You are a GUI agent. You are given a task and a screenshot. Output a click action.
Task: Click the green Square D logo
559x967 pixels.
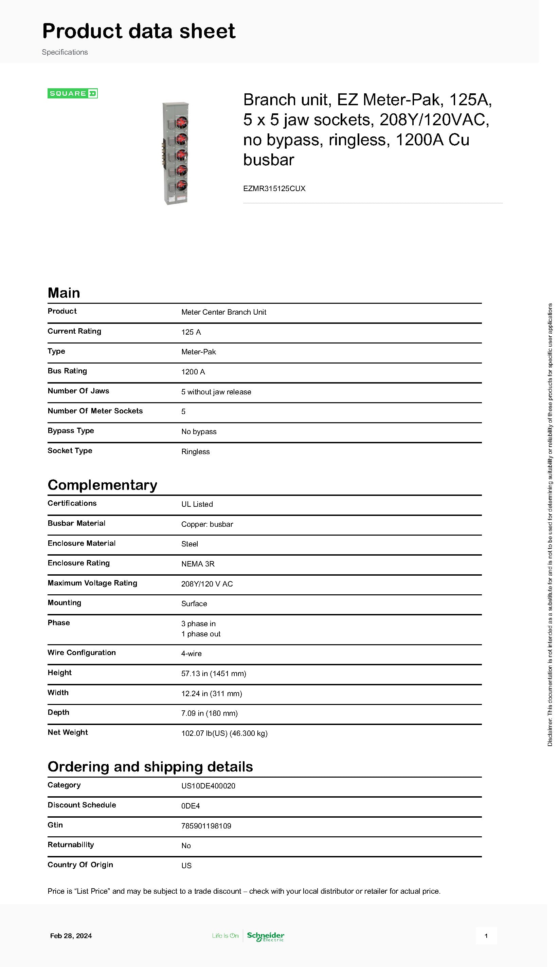[x=73, y=93]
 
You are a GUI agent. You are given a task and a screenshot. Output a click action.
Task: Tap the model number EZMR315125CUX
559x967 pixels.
[x=274, y=188]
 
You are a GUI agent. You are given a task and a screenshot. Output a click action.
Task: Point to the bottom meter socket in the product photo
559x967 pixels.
[x=181, y=186]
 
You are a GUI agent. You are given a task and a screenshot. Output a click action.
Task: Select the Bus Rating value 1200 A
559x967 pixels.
[x=193, y=372]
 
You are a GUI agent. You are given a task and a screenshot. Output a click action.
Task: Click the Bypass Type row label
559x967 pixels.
[x=71, y=430]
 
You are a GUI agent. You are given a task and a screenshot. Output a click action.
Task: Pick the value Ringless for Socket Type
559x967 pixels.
[x=195, y=451]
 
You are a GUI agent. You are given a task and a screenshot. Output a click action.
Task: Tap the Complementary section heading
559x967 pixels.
[x=102, y=485]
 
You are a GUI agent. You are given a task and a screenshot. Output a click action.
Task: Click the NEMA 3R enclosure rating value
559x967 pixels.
[x=198, y=564]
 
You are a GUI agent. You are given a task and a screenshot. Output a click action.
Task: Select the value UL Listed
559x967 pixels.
[x=197, y=504]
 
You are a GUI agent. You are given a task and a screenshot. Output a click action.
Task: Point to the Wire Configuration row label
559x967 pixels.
[x=82, y=652]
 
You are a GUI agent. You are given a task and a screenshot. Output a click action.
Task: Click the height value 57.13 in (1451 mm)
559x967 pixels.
[x=214, y=673]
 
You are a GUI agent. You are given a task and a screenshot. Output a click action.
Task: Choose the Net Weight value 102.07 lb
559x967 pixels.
[x=224, y=733]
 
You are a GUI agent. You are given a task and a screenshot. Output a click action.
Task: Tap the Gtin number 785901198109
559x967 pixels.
[x=206, y=826]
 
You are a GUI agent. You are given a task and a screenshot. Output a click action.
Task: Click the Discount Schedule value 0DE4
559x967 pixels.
[x=191, y=806]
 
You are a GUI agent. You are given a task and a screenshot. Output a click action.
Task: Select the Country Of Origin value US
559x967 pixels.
[x=186, y=866]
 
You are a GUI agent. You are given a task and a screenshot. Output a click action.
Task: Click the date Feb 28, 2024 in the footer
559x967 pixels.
[x=71, y=936]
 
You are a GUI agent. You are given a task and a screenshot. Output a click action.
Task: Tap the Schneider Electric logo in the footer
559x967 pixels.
[x=265, y=936]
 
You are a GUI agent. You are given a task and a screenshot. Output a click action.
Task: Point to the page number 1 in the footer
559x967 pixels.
[x=486, y=936]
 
